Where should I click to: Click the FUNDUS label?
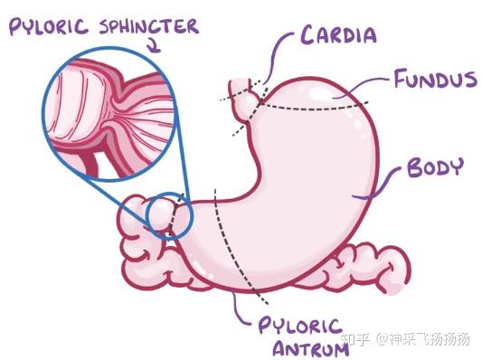click(435, 80)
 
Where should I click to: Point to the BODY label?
click(435, 168)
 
